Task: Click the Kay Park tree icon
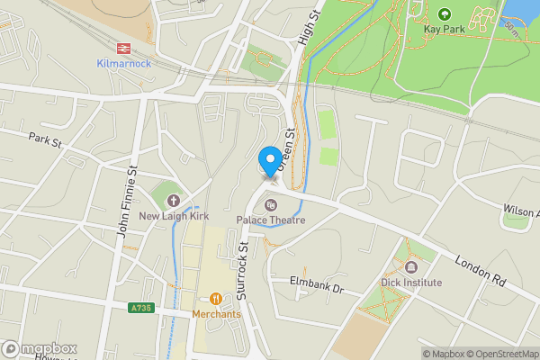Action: (x=444, y=13)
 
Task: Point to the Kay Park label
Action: (x=444, y=29)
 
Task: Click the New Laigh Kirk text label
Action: (x=173, y=216)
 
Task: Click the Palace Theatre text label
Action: (x=271, y=220)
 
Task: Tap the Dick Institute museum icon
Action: (x=410, y=267)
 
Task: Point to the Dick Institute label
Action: (x=410, y=283)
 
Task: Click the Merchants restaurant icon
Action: (x=216, y=299)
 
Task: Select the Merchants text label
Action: (x=216, y=314)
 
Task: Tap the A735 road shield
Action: (x=139, y=308)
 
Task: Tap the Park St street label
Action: (x=44, y=141)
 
